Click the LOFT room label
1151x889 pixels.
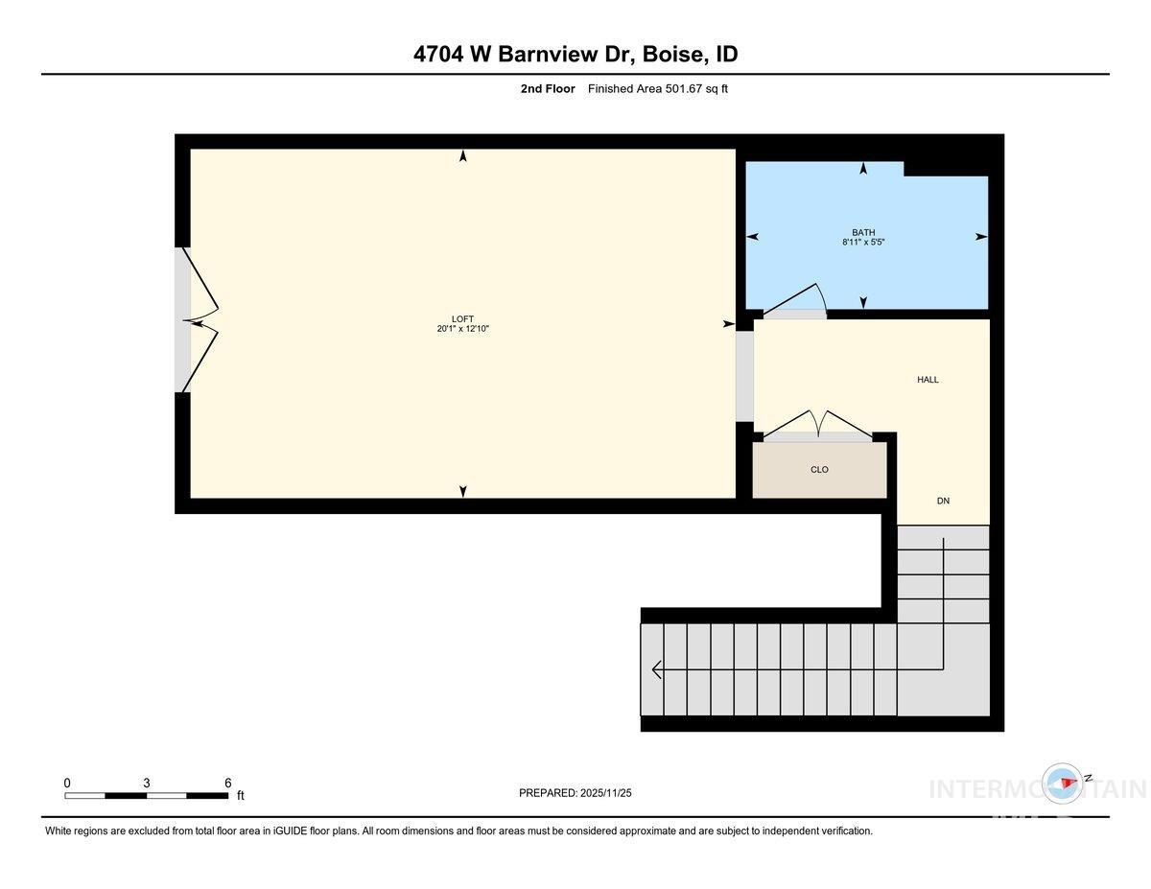tap(463, 319)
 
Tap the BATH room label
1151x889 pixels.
tap(863, 232)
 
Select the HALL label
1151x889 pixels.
tap(928, 380)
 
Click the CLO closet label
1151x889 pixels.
tap(819, 470)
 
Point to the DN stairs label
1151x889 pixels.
tap(943, 502)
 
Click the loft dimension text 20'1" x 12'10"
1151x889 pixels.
tap(463, 329)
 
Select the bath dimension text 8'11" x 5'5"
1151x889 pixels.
tap(863, 243)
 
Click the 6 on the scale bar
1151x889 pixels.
tap(227, 783)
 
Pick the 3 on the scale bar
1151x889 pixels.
tap(147, 783)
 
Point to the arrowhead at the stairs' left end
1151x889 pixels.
tap(656, 669)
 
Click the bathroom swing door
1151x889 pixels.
tap(795, 300)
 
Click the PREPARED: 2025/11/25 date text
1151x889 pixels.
tap(575, 793)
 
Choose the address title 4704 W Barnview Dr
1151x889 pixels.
tap(523, 55)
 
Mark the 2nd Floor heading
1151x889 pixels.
tap(548, 89)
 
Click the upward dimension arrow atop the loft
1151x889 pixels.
tap(463, 155)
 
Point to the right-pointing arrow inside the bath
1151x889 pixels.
tap(981, 237)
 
